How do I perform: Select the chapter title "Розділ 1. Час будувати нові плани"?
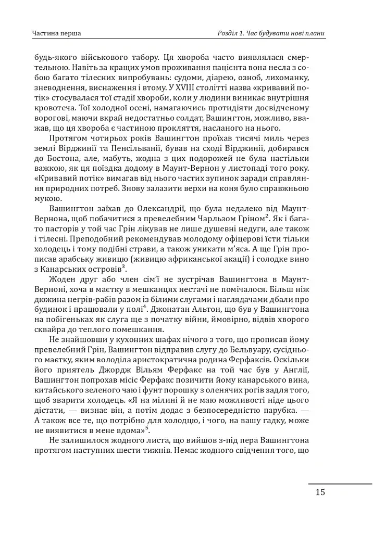coord(271,34)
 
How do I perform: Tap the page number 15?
coord(320,492)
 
